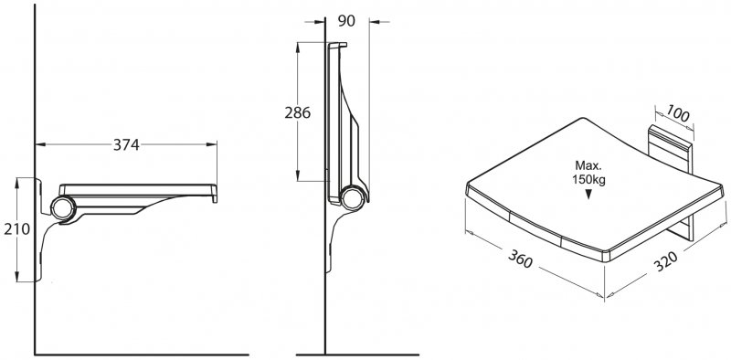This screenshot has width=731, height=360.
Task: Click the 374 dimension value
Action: [x=126, y=145]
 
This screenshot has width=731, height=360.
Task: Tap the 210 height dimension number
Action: [x=16, y=229]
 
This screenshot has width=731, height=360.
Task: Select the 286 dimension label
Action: [x=298, y=113]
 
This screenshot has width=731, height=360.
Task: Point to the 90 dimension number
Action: [x=346, y=21]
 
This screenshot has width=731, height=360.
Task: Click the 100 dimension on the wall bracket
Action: [x=677, y=113]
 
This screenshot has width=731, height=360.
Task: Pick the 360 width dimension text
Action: [x=520, y=259]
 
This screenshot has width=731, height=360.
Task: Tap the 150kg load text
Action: [x=588, y=180]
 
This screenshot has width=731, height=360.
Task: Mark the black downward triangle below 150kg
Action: [x=588, y=195]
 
